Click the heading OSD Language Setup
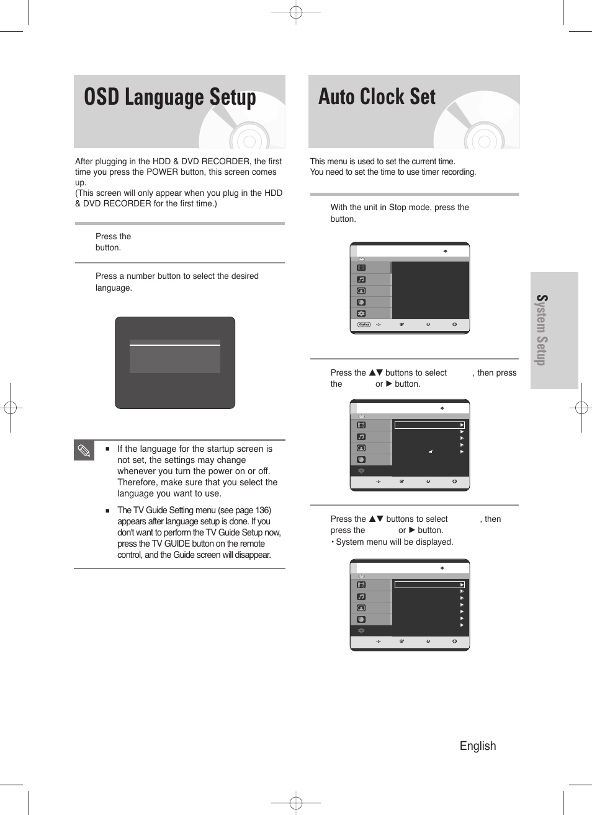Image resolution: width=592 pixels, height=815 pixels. coord(169,98)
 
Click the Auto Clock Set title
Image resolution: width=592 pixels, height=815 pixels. coord(377,97)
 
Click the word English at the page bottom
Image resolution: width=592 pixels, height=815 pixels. coord(477,746)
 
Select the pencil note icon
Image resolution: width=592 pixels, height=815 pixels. coord(84,451)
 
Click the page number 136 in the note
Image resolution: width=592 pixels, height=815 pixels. coord(262,510)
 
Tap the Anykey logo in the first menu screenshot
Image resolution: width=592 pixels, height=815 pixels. coord(364,324)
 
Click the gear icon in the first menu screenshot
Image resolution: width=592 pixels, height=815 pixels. coord(361,314)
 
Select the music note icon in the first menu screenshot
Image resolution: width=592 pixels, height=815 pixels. coord(361,280)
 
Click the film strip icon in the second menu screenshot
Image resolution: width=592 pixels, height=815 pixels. coord(361,425)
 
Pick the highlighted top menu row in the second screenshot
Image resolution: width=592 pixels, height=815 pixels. coord(429,425)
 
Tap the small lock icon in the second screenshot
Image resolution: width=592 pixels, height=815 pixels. coord(430,452)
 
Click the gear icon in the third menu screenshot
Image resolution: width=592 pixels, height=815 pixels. coord(361,630)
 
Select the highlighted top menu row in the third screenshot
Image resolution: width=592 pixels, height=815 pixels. coord(429,584)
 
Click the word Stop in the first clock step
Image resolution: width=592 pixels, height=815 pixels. coord(397,207)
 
